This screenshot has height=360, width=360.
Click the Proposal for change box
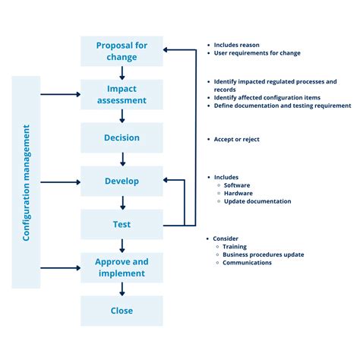[x=122, y=51]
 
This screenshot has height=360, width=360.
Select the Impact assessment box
[x=122, y=94]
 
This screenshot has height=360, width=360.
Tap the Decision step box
[x=122, y=137]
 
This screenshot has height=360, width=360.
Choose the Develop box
[x=122, y=182]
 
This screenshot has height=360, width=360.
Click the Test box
[x=122, y=224]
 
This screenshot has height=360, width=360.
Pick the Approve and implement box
[x=122, y=267]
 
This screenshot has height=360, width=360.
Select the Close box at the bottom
[x=122, y=311]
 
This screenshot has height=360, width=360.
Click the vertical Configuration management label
[x=26, y=182]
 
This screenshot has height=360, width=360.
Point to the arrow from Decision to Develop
[x=122, y=159]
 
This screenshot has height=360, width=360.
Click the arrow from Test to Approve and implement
[x=122, y=245]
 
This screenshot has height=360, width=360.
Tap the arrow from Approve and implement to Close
[x=122, y=289]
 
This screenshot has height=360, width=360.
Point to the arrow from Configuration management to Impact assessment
[x=61, y=95]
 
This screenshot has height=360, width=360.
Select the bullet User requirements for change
[x=257, y=53]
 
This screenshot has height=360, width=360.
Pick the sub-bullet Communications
[x=247, y=263]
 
